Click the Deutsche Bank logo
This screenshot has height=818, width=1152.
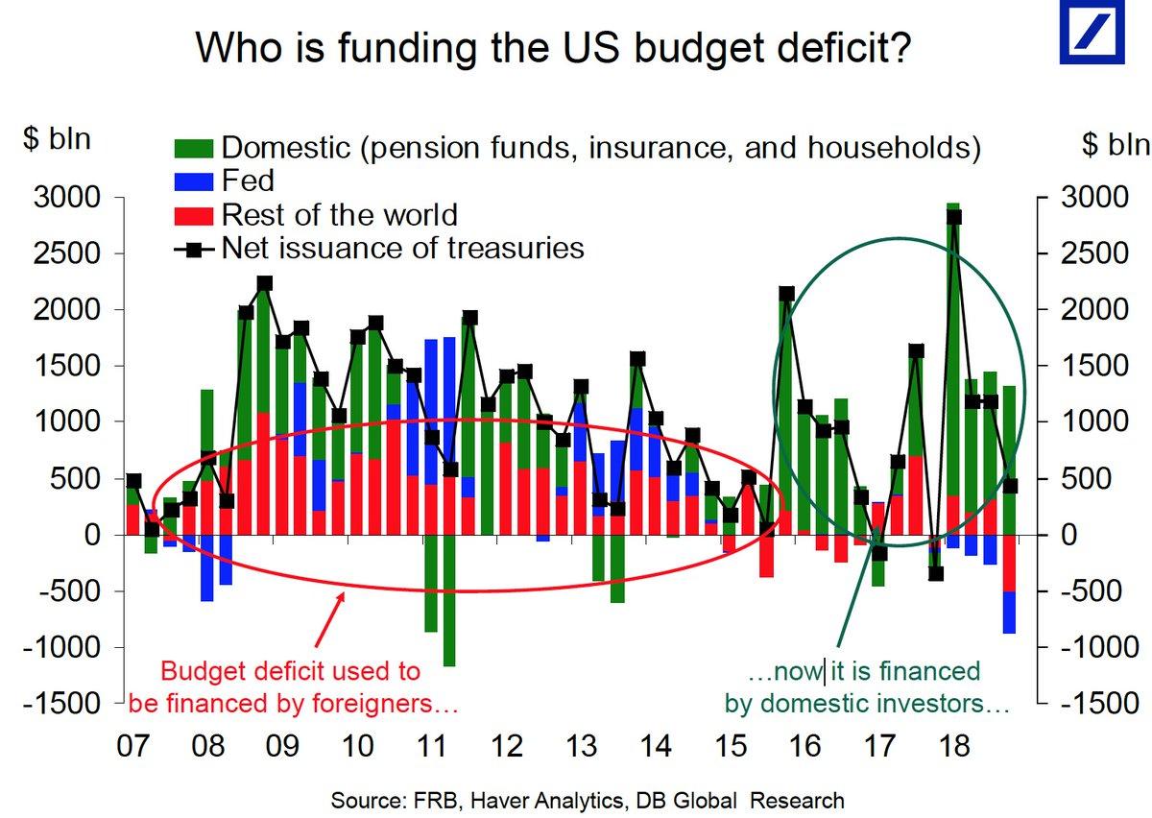pos(1091,32)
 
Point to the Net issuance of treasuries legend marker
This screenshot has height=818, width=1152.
pos(195,250)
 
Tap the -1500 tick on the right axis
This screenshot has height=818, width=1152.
pos(1093,703)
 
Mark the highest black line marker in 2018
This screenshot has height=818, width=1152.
pos(953,217)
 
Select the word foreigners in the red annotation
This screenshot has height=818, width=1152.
pos(370,704)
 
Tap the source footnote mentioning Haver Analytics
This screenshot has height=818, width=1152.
pos(587,800)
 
